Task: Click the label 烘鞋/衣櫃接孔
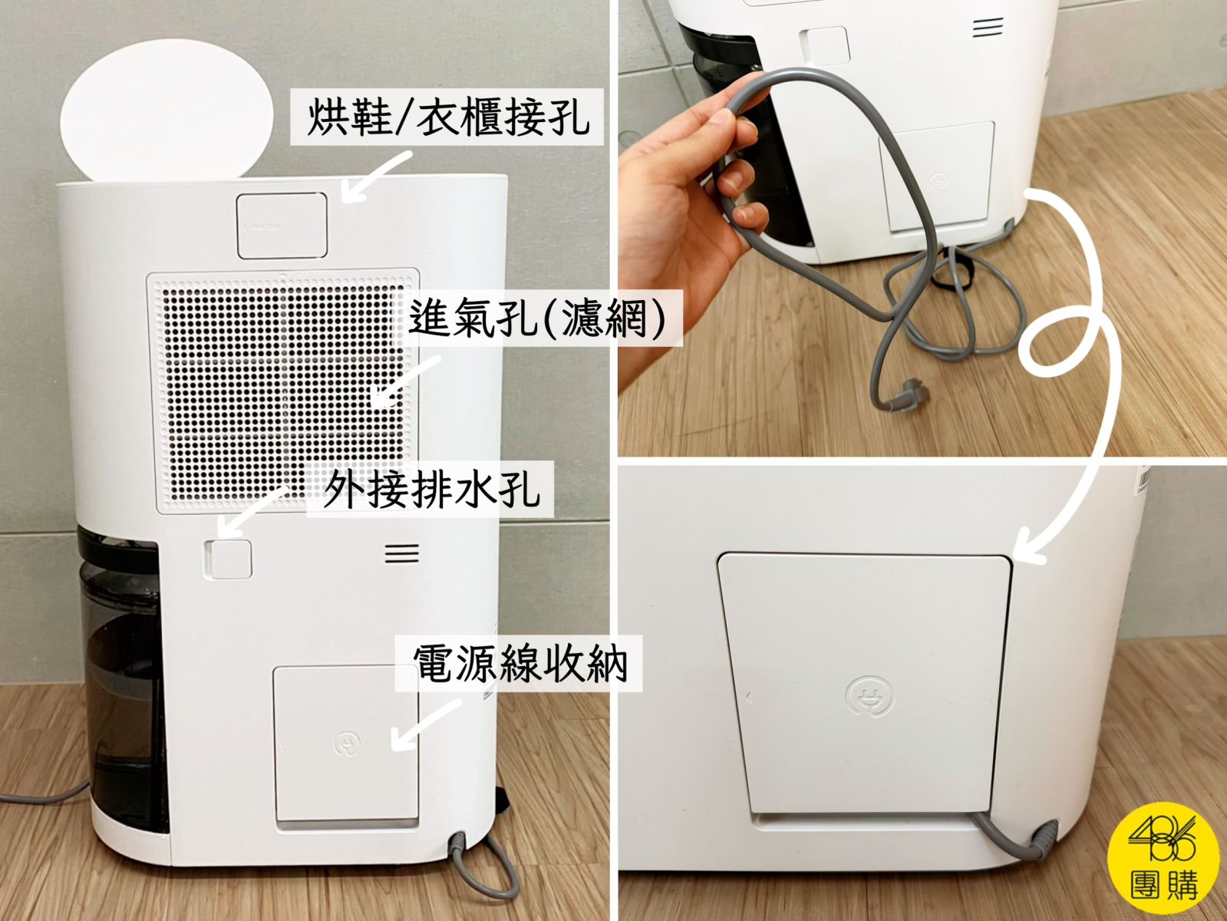pyautogui.click(x=448, y=117)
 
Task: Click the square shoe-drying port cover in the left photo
pyautogui.click(x=282, y=226)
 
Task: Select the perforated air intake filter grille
pyautogui.click(x=283, y=391)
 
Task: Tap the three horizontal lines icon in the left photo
pyautogui.click(x=402, y=554)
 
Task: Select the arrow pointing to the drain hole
pyautogui.click(x=249, y=511)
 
